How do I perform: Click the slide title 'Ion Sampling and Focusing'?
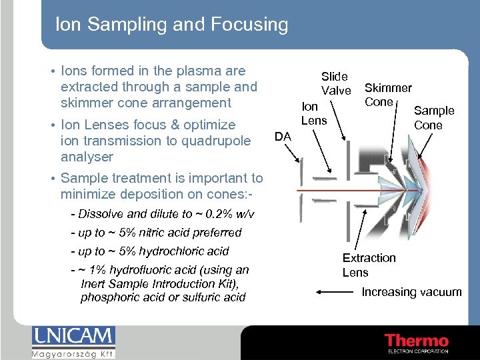171,25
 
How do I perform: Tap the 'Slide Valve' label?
335,83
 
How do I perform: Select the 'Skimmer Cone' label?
387,95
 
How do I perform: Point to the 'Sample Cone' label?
433,117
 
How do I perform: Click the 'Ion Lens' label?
314,113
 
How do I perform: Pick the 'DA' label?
283,136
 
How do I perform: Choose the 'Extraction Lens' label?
369,265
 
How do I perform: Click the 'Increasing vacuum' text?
411,292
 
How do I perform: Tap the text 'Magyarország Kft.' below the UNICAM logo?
73,353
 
